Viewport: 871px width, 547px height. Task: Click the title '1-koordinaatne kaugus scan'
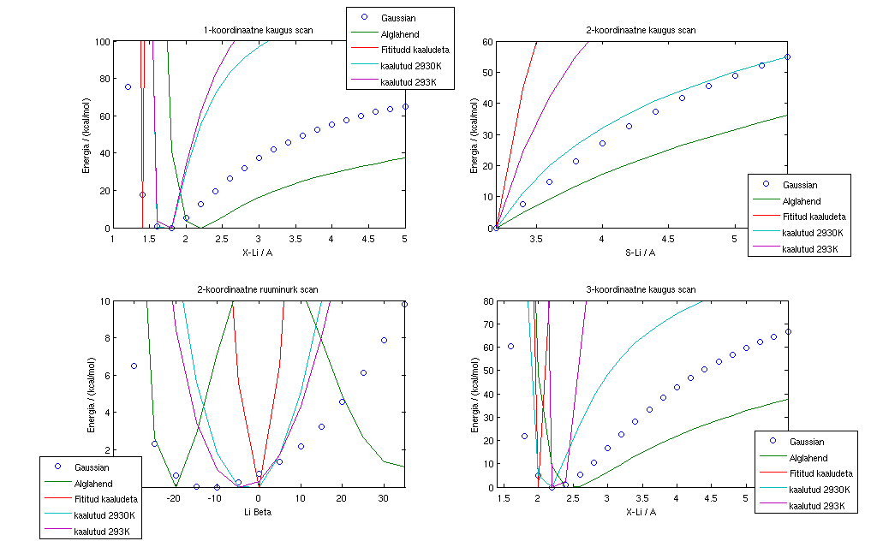tap(258, 30)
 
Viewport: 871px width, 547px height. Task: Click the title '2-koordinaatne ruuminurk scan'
tap(258, 289)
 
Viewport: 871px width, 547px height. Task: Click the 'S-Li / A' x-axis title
tap(640, 252)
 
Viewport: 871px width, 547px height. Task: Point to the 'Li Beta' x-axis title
tap(258, 512)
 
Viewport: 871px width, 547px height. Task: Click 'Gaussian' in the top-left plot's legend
tap(398, 17)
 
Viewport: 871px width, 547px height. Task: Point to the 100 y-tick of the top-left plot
tap(100, 41)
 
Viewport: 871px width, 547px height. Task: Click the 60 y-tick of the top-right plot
tap(486, 41)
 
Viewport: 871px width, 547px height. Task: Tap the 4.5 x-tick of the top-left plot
tap(368, 240)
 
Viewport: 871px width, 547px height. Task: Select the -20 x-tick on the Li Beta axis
tap(173, 499)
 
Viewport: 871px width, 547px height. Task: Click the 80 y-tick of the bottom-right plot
tap(486, 301)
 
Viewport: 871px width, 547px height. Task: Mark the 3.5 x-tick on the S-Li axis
tap(535, 240)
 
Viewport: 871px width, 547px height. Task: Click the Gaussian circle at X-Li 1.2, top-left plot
tap(128, 86)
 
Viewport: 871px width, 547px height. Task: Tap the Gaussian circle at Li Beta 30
tap(384, 340)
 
